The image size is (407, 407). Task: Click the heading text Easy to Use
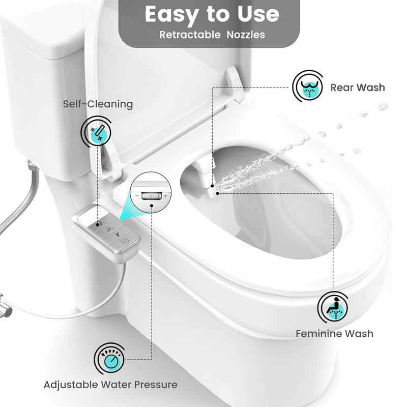(x=212, y=15)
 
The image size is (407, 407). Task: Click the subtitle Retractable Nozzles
(x=212, y=35)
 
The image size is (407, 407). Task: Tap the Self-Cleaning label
(x=98, y=104)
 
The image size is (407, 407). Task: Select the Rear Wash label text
(x=358, y=88)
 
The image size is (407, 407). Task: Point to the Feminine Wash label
(x=334, y=334)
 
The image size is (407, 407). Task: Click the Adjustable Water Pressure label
(x=110, y=385)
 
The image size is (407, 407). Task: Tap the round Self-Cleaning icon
(x=96, y=132)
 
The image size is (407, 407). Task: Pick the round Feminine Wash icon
(x=333, y=307)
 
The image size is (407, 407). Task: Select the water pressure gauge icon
(x=109, y=359)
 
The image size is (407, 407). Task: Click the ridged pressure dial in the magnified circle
(x=151, y=196)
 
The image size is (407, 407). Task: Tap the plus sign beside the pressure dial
(x=165, y=196)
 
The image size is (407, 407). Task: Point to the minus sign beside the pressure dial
(x=137, y=195)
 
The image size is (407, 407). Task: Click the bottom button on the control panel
(x=125, y=241)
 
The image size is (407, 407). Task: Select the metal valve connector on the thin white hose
(x=5, y=306)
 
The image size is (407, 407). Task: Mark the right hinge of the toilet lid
(x=235, y=83)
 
